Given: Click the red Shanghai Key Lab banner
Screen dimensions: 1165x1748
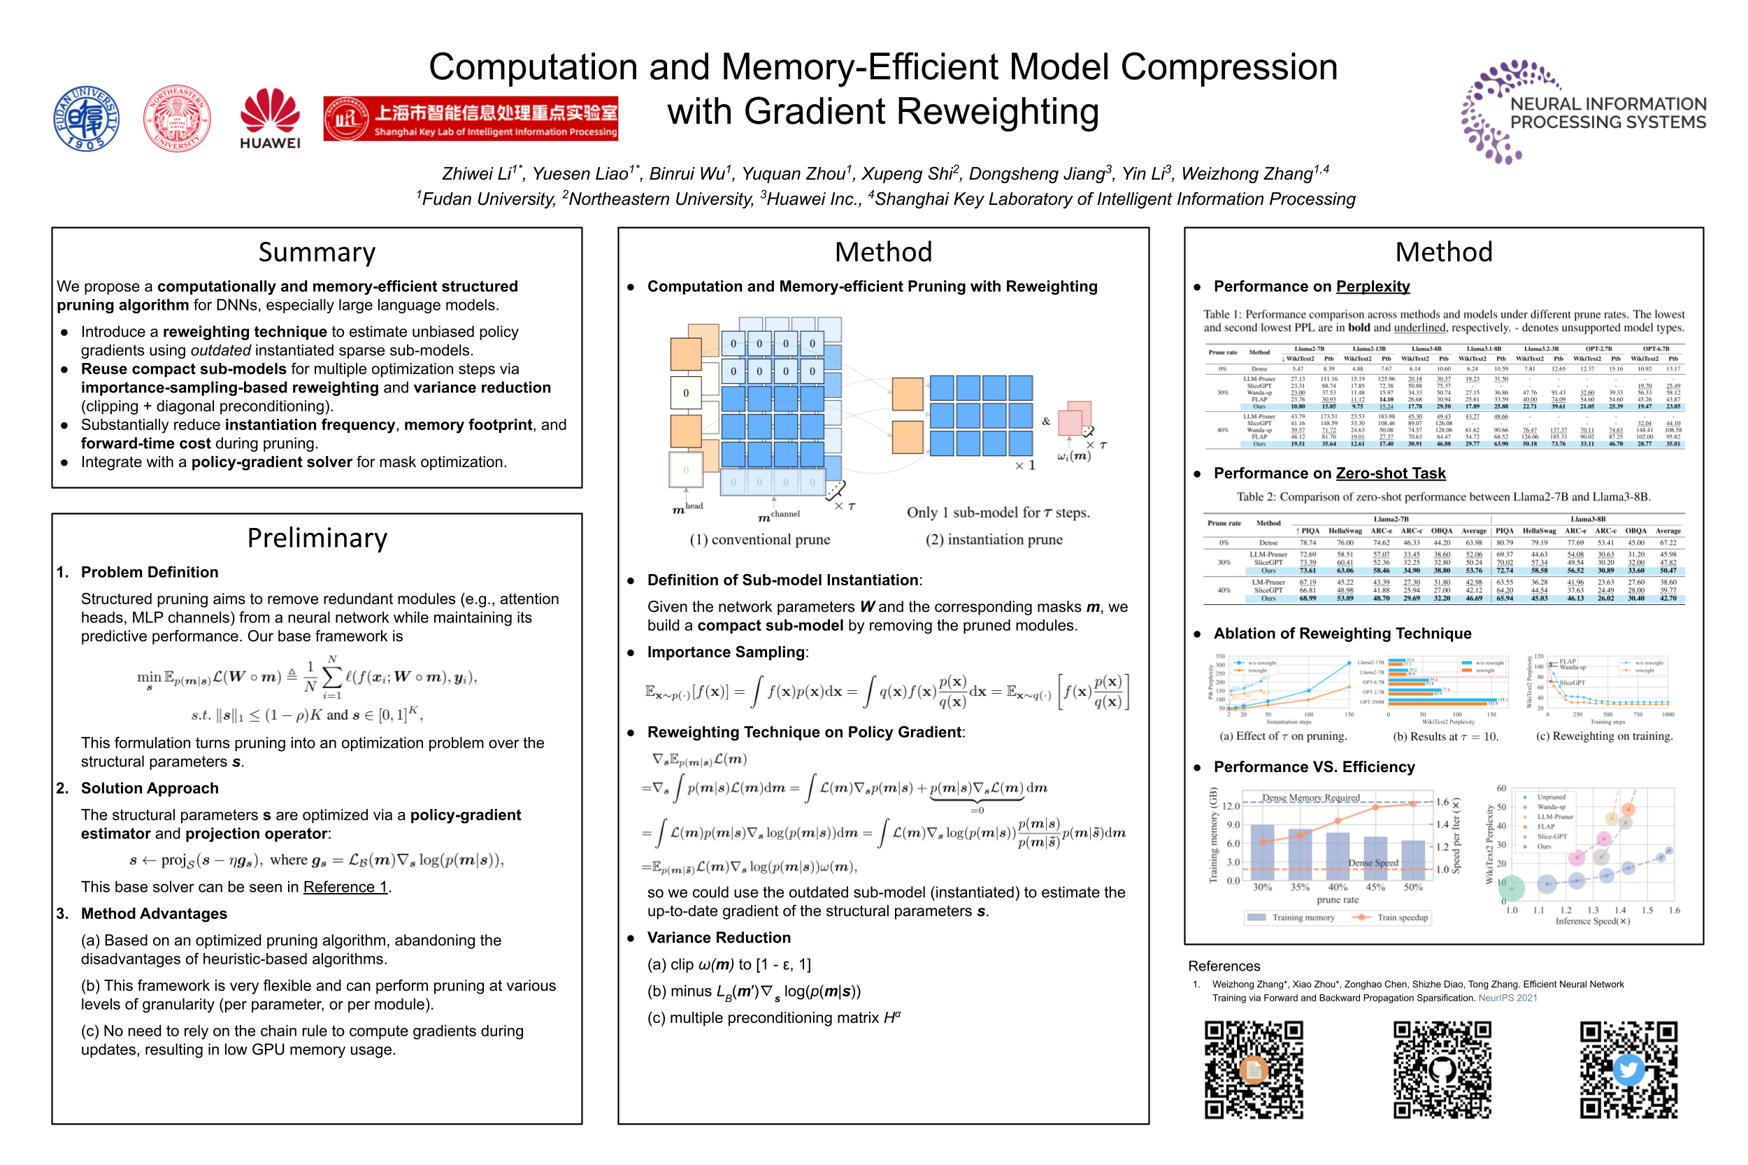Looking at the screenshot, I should coord(471,118).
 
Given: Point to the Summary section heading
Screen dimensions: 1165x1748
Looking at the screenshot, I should coord(317,252).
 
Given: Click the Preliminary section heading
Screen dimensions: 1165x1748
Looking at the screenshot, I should coord(317,538).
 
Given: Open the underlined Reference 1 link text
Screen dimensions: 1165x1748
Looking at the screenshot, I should coord(345,887).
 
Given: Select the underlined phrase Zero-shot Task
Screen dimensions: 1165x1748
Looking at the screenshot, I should coord(1389,473).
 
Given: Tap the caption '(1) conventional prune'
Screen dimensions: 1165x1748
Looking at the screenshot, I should coord(759,539).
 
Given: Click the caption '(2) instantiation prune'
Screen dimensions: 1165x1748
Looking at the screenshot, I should coord(994,539).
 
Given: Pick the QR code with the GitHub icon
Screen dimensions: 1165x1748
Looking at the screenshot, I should coord(1441,1070).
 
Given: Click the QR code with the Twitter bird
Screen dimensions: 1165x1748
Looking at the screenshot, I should coord(1628,1070).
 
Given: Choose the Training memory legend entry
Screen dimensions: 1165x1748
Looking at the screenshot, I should coord(1293,917).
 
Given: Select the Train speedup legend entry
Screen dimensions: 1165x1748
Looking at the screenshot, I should coord(1393,917).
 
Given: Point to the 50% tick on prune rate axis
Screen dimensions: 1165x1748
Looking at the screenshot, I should coord(1412,887).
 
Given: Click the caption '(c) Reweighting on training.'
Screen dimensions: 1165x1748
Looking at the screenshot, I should coord(1603,736).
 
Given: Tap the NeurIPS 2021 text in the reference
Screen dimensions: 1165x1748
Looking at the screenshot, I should coord(1507,998).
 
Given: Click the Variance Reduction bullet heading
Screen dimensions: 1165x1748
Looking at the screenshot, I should coord(718,938).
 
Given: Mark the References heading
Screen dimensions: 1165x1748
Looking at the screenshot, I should coord(1224,966).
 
